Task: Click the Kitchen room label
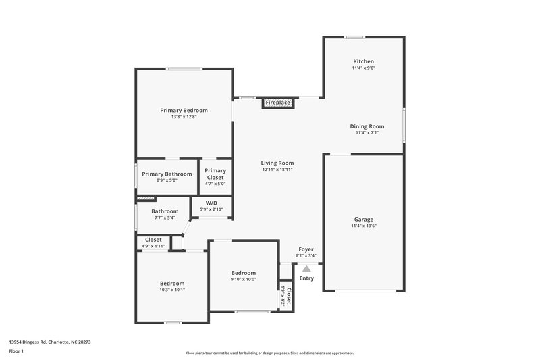tap(363, 61)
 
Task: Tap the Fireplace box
tap(277, 103)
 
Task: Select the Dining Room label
tap(367, 126)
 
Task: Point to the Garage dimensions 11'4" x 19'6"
tap(363, 226)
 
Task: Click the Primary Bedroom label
tap(184, 110)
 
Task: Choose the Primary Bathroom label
tap(167, 174)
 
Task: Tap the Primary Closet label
tap(215, 174)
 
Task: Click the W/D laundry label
tap(211, 203)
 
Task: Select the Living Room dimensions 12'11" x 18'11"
tap(278, 170)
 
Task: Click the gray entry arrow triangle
tap(306, 268)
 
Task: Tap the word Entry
tap(306, 278)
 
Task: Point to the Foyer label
tap(306, 249)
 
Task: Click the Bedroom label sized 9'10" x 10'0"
tap(244, 272)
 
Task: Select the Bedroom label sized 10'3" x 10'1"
tap(172, 283)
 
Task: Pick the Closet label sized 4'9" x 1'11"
tap(153, 240)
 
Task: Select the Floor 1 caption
tap(17, 352)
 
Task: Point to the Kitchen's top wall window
tap(355, 37)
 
